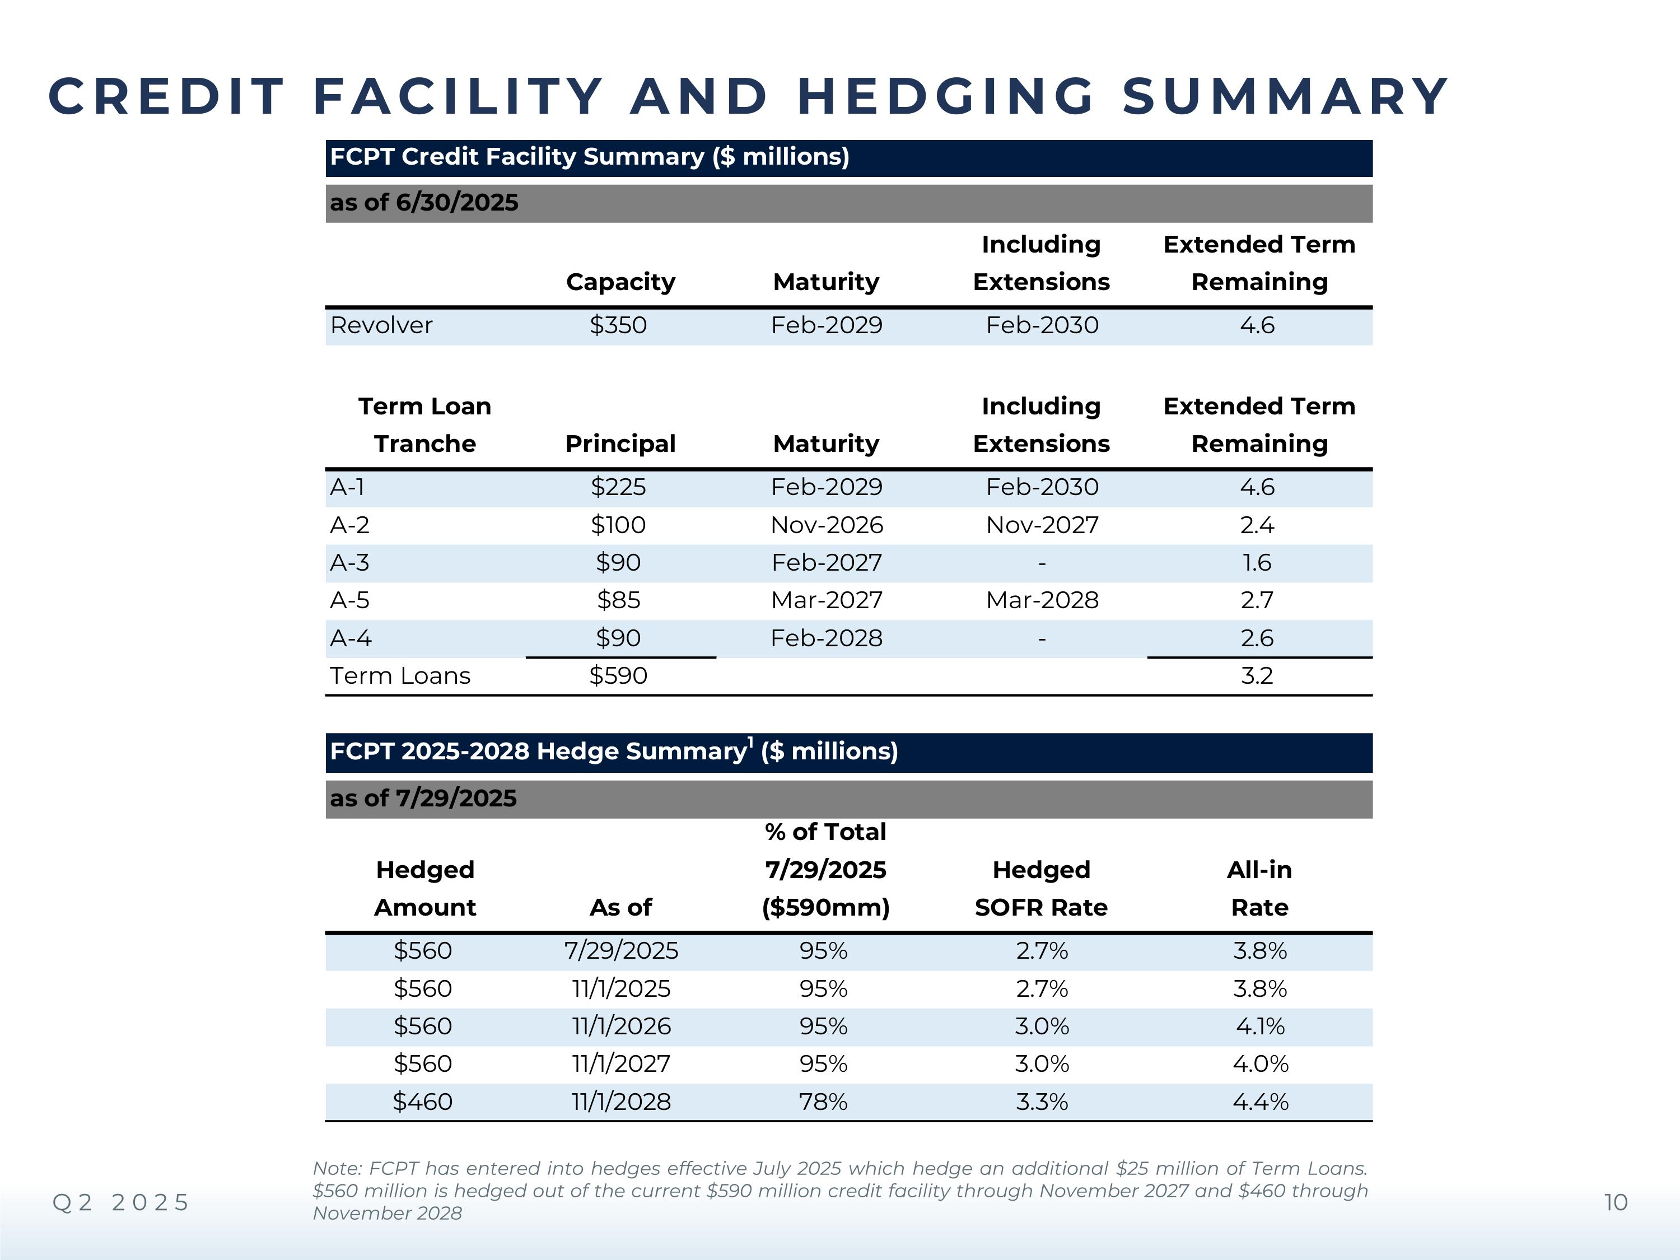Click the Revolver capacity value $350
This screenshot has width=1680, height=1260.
click(618, 325)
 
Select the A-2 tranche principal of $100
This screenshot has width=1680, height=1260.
click(618, 525)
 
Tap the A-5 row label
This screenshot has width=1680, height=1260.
click(349, 600)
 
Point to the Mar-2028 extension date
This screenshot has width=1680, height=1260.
click(1042, 600)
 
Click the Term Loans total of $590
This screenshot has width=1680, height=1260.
click(618, 675)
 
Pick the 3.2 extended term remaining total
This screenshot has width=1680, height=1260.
click(1257, 675)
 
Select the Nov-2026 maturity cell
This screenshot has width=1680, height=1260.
click(827, 525)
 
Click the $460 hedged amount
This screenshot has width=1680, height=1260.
click(422, 1102)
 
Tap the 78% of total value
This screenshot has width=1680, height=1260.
click(823, 1102)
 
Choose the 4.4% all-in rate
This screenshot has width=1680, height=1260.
click(1260, 1102)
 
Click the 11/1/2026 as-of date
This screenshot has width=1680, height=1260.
click(621, 1026)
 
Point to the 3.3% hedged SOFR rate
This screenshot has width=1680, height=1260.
click(1042, 1102)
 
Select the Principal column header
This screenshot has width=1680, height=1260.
click(620, 444)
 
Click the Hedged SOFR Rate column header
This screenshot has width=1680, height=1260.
click(1041, 889)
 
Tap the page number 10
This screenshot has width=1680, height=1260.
click(1616, 1202)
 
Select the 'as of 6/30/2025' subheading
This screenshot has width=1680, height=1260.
click(424, 203)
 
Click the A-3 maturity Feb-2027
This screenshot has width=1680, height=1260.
click(827, 563)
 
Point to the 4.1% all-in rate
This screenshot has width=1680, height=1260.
click(1260, 1026)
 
